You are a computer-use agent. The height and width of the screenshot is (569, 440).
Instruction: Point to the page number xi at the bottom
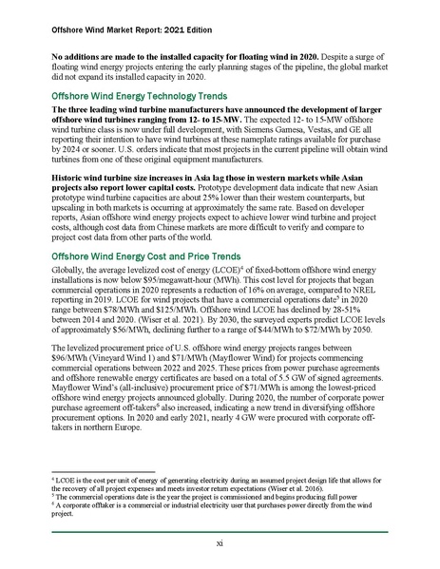[220, 542]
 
